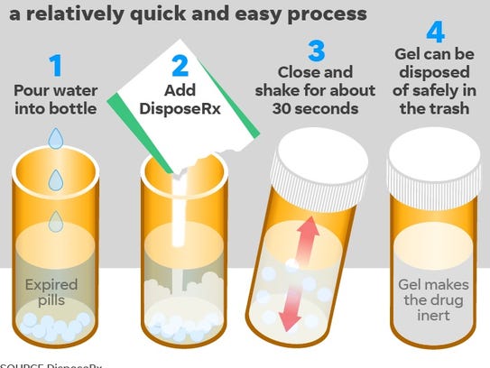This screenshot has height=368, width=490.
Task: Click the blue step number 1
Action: tap(56, 66)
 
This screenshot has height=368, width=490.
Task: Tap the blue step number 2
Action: tap(181, 66)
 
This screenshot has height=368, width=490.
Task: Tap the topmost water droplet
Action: tap(56, 137)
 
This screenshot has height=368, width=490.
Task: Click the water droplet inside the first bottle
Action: tap(56, 219)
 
